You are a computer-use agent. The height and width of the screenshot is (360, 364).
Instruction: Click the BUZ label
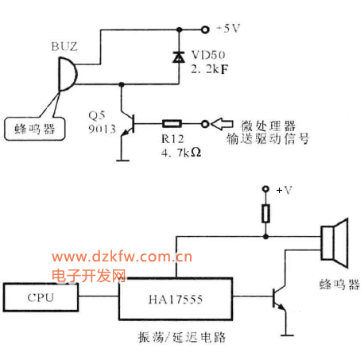(64, 47)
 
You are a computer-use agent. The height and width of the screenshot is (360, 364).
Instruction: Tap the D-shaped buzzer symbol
(68, 74)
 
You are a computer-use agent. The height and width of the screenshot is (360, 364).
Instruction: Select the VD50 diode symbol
(179, 57)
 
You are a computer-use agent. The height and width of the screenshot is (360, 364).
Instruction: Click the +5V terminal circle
(205, 29)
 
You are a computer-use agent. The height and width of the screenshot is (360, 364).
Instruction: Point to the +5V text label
(228, 29)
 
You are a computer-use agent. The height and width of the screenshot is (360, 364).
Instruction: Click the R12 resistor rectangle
(172, 124)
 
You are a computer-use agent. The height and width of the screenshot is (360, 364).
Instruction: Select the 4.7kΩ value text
(181, 153)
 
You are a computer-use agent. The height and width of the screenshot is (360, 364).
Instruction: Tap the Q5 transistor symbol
(128, 124)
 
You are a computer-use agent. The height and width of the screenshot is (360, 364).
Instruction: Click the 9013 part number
(102, 129)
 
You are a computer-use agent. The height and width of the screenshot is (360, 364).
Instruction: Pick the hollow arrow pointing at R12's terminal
(222, 124)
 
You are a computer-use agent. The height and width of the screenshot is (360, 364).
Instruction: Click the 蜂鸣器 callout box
(34, 129)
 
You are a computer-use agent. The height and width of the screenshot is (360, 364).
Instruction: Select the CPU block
(41, 297)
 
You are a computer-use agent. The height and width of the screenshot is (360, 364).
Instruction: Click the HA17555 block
(176, 299)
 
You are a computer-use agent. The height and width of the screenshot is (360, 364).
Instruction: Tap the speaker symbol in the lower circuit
(335, 243)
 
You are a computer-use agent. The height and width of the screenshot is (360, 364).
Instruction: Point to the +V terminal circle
(265, 189)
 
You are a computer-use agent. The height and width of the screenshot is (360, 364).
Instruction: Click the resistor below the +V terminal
(265, 213)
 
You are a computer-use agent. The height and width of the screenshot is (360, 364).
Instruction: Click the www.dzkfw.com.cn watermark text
(122, 257)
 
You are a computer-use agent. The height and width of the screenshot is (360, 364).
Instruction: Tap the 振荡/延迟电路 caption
(182, 337)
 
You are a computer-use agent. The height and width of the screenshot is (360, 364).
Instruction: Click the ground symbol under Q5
(122, 161)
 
